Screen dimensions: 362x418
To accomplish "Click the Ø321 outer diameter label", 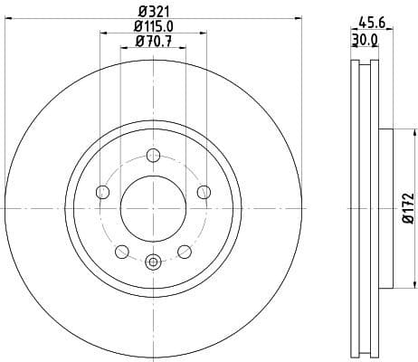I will [x=152, y=10].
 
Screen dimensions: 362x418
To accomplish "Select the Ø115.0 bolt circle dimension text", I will [x=152, y=25].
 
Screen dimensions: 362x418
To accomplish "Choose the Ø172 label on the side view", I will [x=408, y=208].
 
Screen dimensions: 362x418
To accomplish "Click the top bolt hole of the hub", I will [x=153, y=155].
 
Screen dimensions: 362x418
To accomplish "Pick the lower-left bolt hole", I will [x=121, y=251].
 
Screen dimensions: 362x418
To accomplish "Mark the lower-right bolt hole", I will [x=185, y=251].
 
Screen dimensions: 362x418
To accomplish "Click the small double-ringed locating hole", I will [x=153, y=263].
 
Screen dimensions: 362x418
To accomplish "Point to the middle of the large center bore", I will [x=153, y=208].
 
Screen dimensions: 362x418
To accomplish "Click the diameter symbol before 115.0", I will [x=132, y=25].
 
